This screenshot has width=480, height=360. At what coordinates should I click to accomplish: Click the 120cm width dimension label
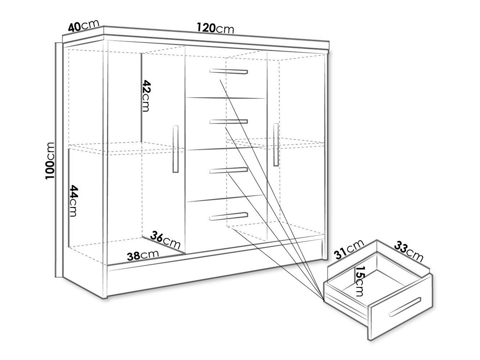[x=216, y=28]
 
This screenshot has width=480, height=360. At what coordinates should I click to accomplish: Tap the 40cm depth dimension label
[x=83, y=26]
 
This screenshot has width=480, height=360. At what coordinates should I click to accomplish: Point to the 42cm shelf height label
[x=146, y=96]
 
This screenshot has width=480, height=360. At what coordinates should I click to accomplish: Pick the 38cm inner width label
[x=143, y=255]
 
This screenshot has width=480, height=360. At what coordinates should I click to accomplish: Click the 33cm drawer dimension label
[x=409, y=251]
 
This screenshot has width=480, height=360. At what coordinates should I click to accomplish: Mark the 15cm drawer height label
[x=359, y=281]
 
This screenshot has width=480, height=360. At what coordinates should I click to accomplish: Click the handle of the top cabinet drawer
[x=228, y=72]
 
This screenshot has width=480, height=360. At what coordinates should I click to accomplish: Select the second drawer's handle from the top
[x=228, y=122]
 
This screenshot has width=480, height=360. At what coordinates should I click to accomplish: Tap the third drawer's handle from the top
[x=228, y=170]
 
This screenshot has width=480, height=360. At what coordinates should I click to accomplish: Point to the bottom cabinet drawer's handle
[x=228, y=216]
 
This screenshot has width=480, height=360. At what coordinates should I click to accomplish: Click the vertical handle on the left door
[x=175, y=149]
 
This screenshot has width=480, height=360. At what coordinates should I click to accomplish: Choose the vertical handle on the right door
[x=276, y=145]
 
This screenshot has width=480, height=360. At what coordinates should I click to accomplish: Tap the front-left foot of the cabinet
[x=105, y=297]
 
